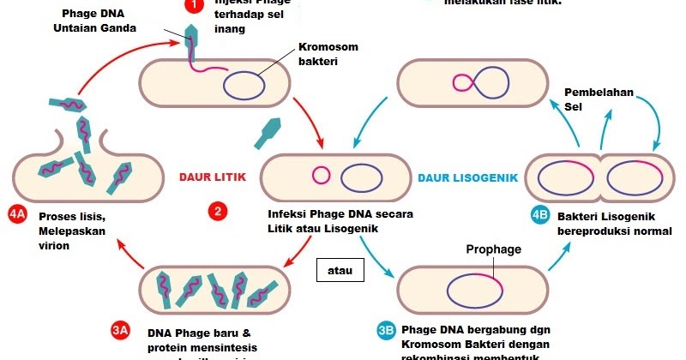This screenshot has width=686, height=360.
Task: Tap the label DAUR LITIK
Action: pos(213,177)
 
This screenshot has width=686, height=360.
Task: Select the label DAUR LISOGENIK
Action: pos(469,177)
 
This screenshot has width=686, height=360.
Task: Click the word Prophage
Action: pos(494,249)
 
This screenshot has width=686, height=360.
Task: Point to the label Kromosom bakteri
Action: pos(328,54)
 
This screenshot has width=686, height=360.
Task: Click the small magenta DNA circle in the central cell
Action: pos(322,176)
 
